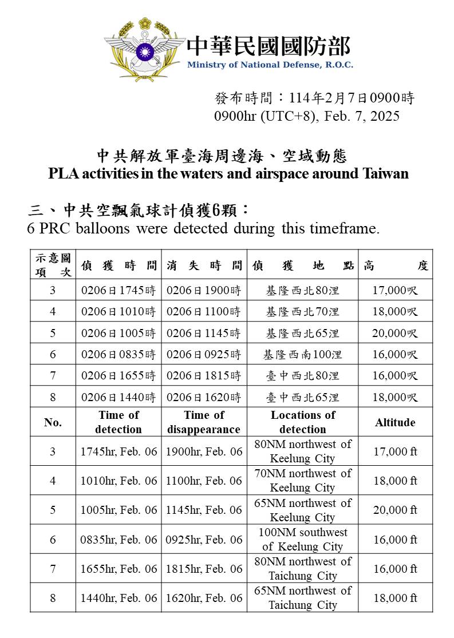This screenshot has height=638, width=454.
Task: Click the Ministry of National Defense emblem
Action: point(144,49)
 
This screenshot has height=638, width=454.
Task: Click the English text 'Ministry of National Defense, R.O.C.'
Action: point(270,65)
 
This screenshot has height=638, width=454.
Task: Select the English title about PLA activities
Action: point(228,173)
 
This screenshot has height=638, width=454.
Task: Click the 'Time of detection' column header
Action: point(119,422)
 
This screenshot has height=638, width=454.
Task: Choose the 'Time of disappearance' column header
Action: point(204,422)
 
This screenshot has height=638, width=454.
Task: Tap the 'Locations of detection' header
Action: point(303,422)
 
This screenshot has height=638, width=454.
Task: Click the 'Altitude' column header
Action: point(395,422)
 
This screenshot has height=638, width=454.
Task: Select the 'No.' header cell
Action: point(53,422)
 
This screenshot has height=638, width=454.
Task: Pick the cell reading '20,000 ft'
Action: point(395,510)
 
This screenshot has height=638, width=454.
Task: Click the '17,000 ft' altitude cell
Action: point(395,451)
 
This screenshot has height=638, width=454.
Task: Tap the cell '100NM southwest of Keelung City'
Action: point(303,540)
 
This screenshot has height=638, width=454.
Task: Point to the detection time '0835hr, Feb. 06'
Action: point(119,540)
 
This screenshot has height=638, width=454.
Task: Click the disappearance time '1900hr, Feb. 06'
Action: point(204,451)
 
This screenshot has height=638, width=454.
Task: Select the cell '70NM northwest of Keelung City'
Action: point(303,481)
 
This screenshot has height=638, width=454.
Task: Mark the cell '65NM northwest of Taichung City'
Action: point(303,598)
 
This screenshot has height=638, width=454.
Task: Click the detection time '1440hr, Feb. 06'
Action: point(119,598)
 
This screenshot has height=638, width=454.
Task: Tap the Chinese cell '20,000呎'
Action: point(395,333)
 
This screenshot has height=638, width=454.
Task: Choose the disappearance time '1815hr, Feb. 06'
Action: point(204,569)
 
